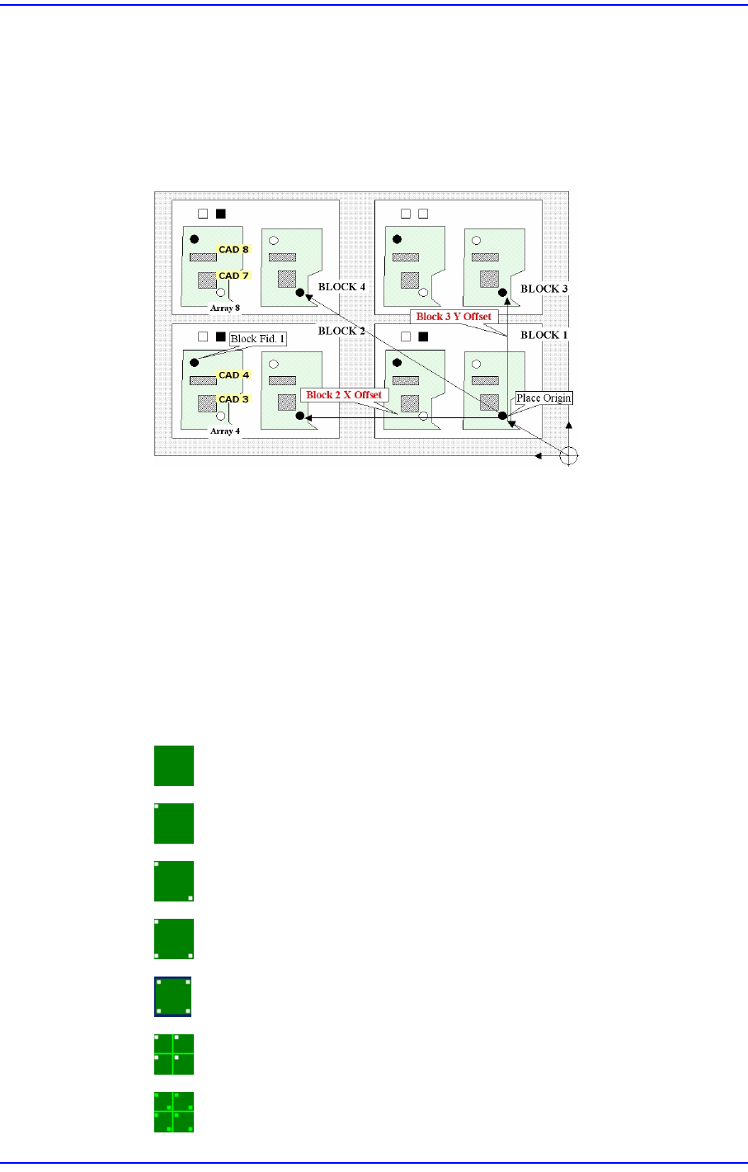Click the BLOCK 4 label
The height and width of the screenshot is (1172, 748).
click(341, 287)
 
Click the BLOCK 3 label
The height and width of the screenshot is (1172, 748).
click(544, 289)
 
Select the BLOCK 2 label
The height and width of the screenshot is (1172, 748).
click(341, 331)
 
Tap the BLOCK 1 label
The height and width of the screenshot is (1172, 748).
click(544, 335)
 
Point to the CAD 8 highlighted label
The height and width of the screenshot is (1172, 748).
click(233, 249)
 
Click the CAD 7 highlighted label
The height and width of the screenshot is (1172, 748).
click(233, 275)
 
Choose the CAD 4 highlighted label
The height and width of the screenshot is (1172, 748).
click(233, 375)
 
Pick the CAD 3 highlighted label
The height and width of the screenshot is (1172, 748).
click(233, 399)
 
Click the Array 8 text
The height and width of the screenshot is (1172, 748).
click(225, 308)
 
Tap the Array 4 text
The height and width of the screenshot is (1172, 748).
click(225, 431)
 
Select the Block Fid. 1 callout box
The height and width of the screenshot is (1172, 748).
click(258, 339)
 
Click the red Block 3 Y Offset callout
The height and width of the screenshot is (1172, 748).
click(454, 317)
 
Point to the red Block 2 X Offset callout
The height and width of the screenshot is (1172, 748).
click(344, 395)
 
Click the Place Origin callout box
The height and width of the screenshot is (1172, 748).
click(543, 398)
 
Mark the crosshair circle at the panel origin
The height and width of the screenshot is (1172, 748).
click(568, 455)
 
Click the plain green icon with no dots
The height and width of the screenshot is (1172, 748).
click(174, 765)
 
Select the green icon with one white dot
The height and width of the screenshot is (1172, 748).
click(174, 823)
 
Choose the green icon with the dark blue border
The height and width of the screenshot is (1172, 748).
click(174, 996)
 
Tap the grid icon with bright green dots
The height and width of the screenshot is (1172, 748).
click(174, 1112)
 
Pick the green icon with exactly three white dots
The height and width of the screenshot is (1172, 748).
click(174, 939)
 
